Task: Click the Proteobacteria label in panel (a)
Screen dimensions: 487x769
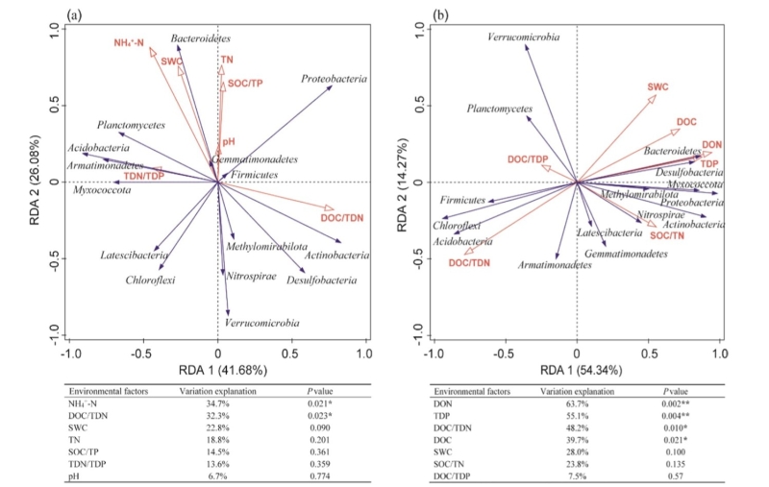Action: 334,79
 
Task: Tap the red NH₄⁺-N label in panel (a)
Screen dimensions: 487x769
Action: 127,42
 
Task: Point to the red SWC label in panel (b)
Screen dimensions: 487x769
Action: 657,86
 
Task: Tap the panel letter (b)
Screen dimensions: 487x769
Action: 435,12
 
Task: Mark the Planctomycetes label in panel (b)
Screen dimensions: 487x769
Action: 500,109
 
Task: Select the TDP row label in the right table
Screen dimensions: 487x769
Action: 443,418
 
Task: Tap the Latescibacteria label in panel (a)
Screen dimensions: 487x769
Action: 134,255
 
